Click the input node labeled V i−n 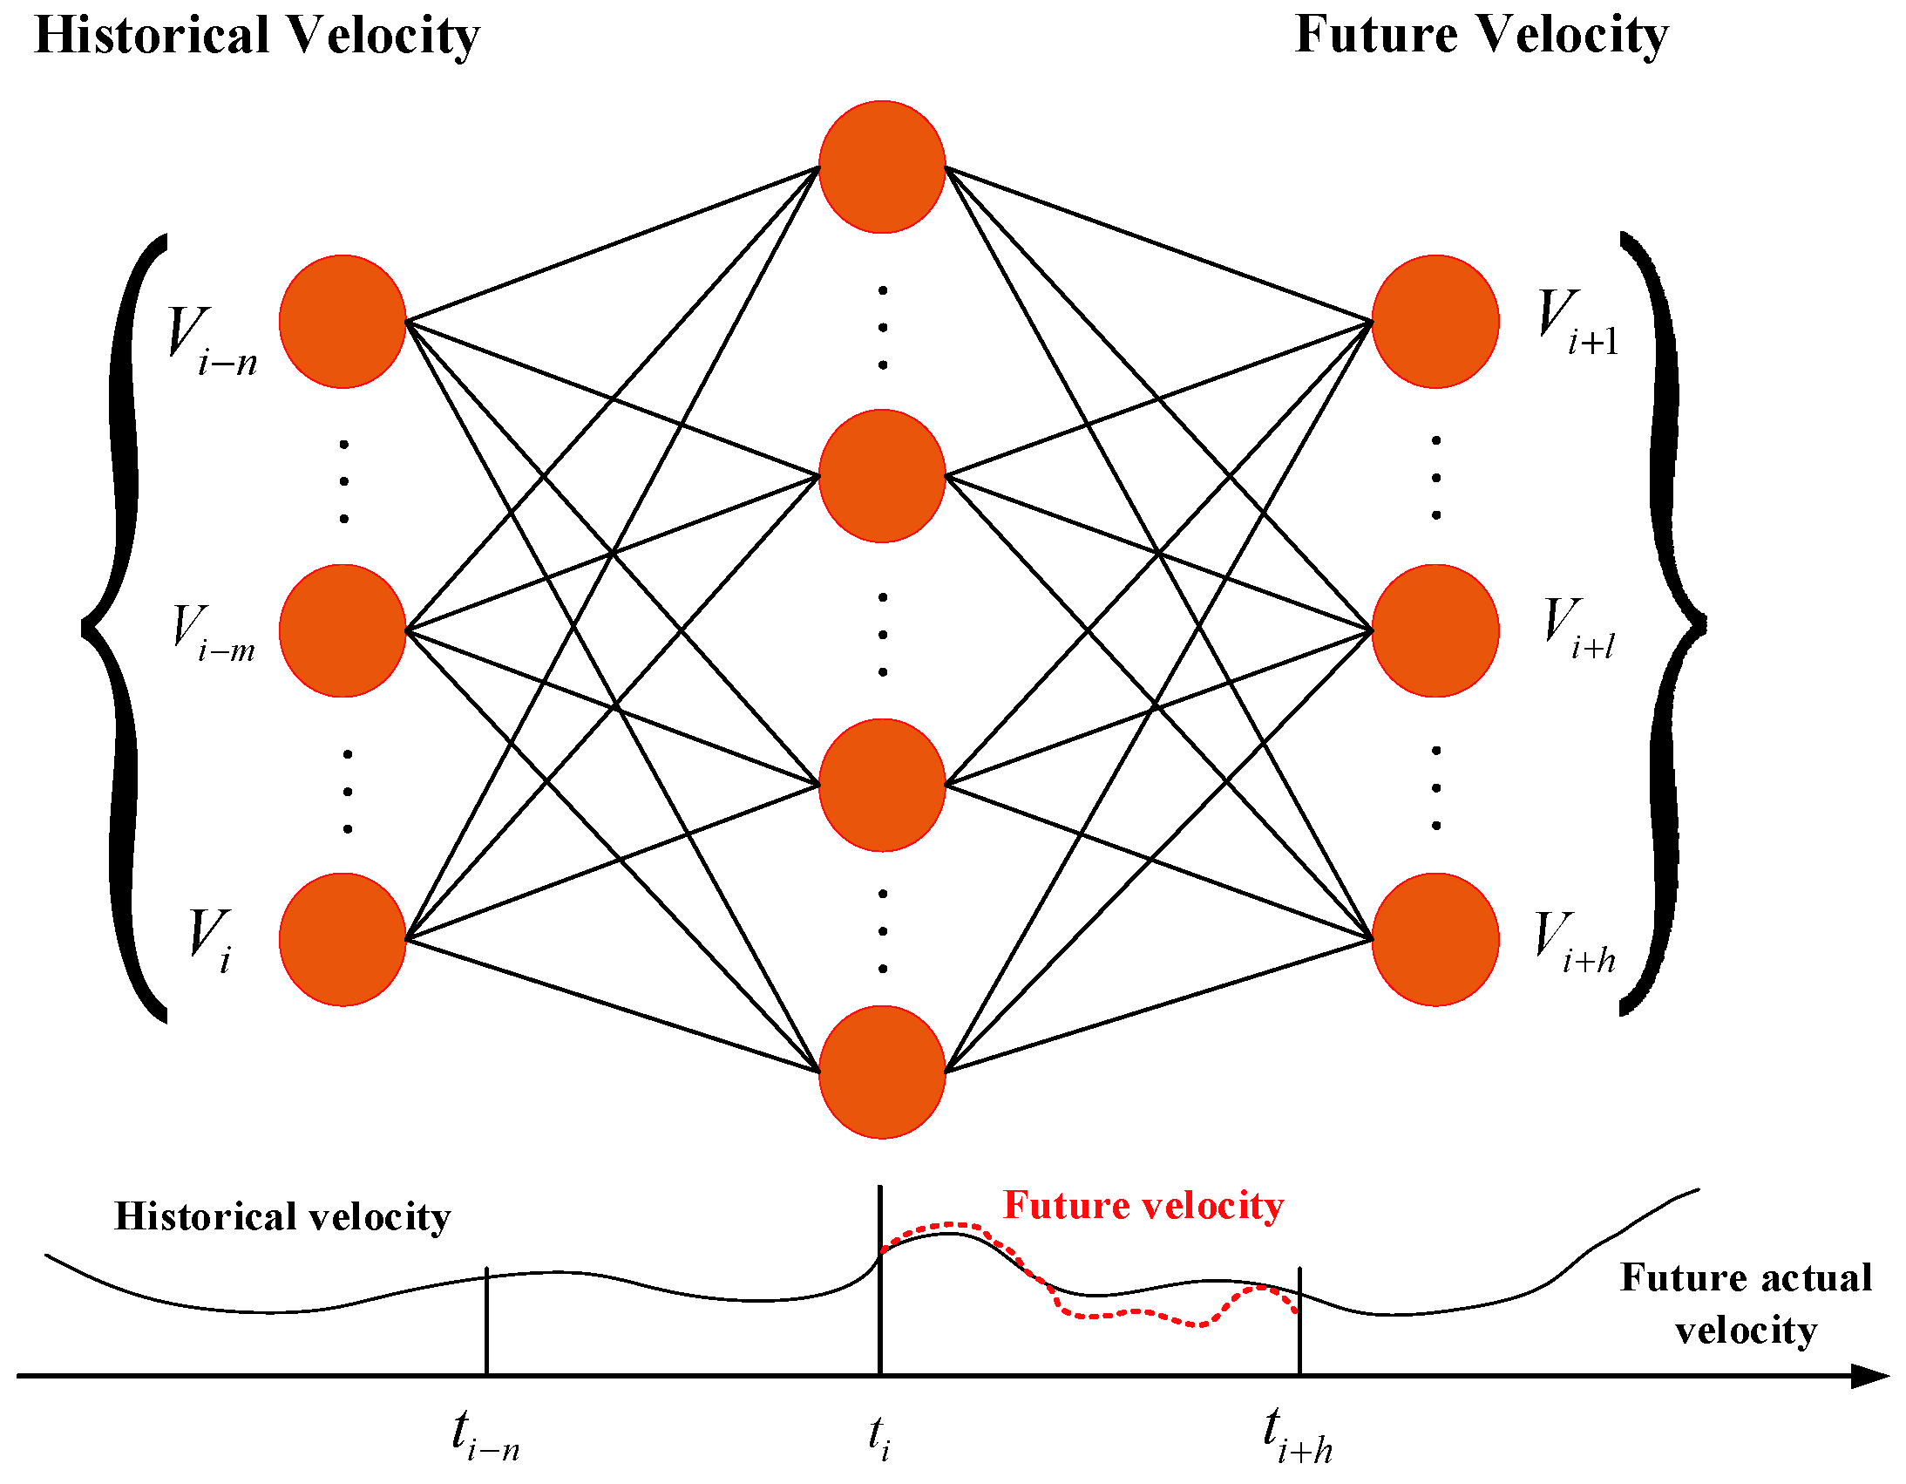coord(343,321)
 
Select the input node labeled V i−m coord(343,630)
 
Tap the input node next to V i coord(343,939)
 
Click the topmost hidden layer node coord(881,167)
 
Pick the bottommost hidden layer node coord(881,1072)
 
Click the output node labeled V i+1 coord(1435,321)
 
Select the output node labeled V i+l coord(1435,630)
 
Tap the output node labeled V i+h coord(1435,939)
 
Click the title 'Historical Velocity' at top coord(256,37)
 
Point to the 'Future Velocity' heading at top coord(1481,37)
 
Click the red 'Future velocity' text coord(1143,1206)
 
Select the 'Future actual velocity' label coord(1746,1304)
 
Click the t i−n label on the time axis coord(485,1436)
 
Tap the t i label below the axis coord(879,1436)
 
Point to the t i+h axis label coord(1298,1436)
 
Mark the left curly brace coord(122,627)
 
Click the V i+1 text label coord(1577,323)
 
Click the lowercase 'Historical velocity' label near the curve coord(281,1216)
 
